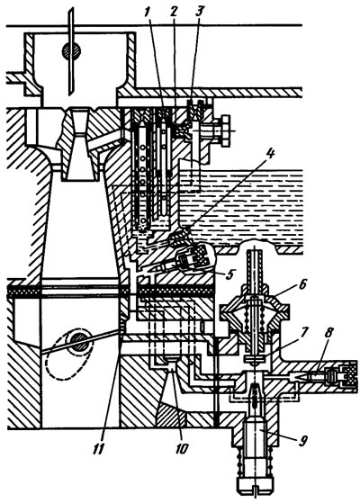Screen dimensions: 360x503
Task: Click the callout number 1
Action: tap(148, 12)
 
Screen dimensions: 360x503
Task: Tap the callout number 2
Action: tap(174, 12)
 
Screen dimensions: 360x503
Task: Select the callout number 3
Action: tap(199, 12)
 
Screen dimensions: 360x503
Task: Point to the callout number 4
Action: tap(271, 154)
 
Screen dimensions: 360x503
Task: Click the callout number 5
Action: tap(229, 274)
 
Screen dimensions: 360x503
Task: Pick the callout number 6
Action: tap(303, 284)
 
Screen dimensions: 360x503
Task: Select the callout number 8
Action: tap(328, 333)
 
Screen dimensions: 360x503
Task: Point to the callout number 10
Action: tap(181, 449)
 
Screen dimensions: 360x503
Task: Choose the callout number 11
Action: tap(98, 449)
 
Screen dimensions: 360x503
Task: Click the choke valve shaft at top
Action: tap(72, 51)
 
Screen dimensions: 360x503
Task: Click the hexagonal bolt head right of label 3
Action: tap(225, 130)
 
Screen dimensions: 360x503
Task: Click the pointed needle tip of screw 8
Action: tap(296, 375)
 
